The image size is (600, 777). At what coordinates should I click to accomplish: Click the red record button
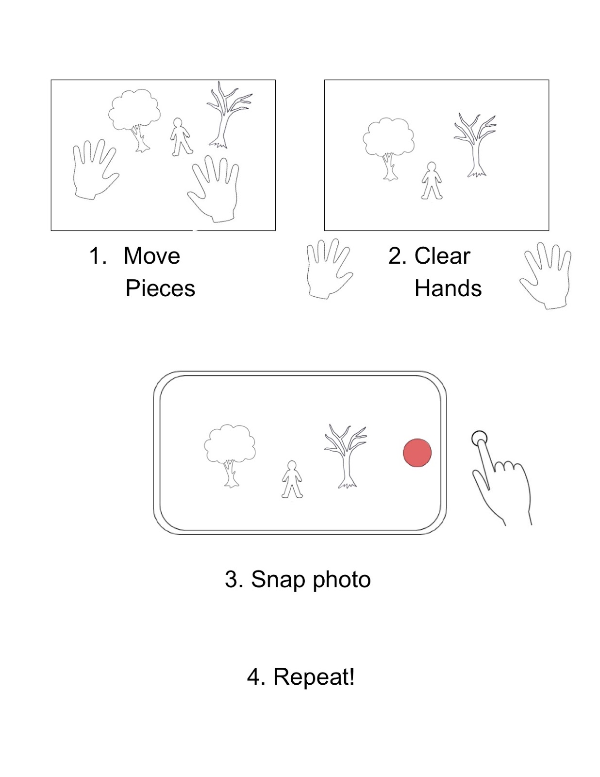417,453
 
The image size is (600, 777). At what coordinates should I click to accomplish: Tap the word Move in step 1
151,256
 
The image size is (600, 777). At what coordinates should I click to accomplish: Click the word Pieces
160,288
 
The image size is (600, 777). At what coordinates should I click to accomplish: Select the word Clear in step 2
442,256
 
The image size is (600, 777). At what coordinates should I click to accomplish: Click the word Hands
448,288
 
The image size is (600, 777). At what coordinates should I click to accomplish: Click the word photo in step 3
341,579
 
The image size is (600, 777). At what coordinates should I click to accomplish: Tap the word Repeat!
314,676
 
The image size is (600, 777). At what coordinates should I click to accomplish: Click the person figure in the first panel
181,137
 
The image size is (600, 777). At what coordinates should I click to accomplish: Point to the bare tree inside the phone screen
345,454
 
